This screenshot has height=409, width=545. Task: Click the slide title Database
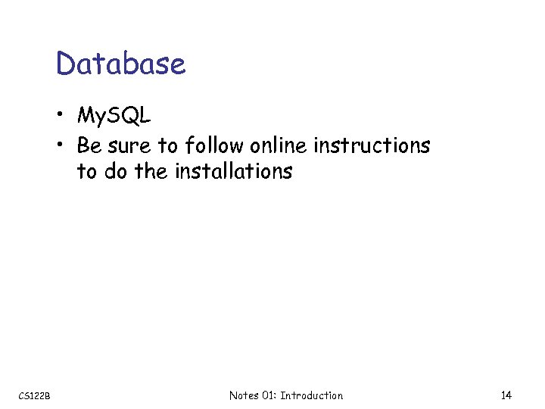(120, 64)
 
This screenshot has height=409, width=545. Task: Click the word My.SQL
(114, 116)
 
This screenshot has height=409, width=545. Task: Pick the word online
(281, 145)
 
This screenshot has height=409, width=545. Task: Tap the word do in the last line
(115, 172)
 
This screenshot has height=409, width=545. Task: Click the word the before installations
(151, 172)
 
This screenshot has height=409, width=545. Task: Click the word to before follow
(167, 145)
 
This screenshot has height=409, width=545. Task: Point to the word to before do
(87, 172)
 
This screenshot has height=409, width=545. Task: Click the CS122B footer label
(35, 396)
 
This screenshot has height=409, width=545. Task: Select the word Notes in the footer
(244, 395)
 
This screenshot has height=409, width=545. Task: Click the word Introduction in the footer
(311, 395)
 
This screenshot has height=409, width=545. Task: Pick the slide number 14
(506, 395)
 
